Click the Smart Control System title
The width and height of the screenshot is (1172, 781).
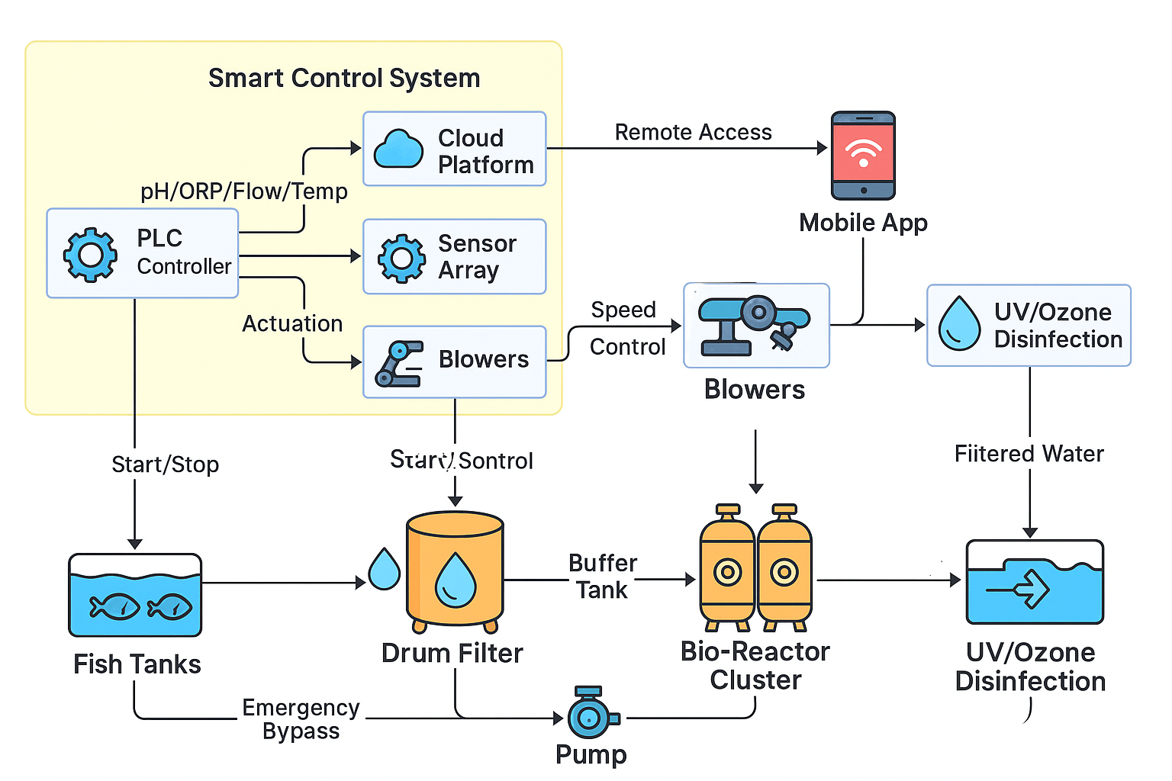point(344,78)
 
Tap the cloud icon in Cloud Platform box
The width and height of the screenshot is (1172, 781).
point(398,149)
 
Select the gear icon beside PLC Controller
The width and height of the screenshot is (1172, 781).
point(90,255)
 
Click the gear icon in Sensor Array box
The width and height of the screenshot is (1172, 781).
point(401,258)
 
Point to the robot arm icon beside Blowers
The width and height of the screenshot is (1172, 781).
point(399,364)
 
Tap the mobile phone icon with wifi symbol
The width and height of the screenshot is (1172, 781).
point(863,156)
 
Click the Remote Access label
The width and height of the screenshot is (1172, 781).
point(693,132)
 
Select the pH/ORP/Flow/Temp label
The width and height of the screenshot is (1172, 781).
point(243,191)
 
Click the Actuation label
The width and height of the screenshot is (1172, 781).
point(292,323)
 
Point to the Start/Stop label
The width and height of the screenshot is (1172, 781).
point(165,464)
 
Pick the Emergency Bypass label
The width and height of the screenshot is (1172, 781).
point(301,718)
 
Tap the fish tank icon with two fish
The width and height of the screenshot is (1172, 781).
point(135,596)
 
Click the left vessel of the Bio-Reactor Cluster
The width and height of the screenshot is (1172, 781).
point(727,568)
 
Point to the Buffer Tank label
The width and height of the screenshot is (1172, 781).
point(602,576)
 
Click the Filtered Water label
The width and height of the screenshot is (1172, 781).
point(1029,454)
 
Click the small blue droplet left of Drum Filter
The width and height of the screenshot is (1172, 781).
point(384,569)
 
